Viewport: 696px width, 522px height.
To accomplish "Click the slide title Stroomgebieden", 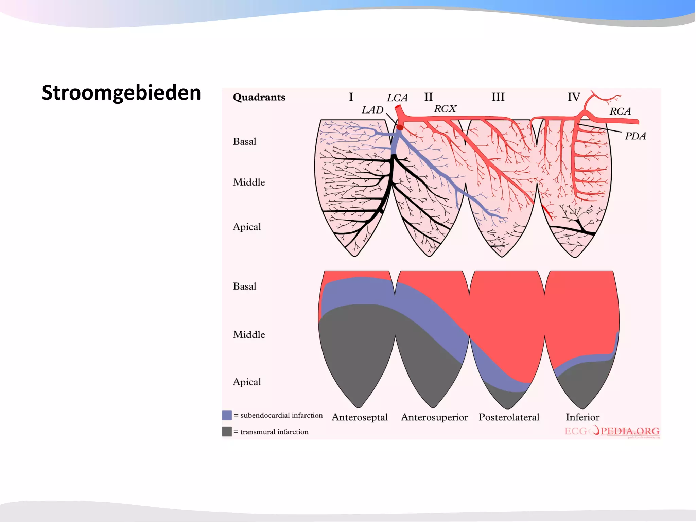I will pos(121,93).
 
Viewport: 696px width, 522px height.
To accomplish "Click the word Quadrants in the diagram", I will pos(259,97).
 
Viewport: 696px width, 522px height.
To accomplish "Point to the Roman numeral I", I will pos(351,97).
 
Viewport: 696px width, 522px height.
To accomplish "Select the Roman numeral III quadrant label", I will pos(498,97).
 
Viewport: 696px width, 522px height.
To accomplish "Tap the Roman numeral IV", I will pos(574,97).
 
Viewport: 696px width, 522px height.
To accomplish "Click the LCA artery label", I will pos(397,98).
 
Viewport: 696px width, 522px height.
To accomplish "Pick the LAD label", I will pos(372,110).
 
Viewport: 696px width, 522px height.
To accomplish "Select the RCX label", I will pos(445,109).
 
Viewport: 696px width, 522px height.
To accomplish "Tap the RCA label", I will pos(620,111).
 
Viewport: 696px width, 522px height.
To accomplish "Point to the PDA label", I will pos(635,136).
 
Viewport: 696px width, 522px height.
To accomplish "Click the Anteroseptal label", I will pos(360,417).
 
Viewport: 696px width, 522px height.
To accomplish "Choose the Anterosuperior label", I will pos(434,417).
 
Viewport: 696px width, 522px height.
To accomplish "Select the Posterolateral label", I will pos(509,417).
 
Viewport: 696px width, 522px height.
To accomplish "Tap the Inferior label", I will pos(582,417).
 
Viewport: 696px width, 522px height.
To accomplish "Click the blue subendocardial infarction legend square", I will pos(227,415).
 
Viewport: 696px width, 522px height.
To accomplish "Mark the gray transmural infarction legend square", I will pos(227,431).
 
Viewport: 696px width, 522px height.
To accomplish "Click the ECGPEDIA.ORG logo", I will pos(612,431).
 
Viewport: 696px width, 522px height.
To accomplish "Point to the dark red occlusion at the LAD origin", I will pos(400,127).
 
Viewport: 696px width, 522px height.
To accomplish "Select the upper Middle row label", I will pos(249,182).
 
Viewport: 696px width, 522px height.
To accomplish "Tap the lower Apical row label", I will pos(247,382).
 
